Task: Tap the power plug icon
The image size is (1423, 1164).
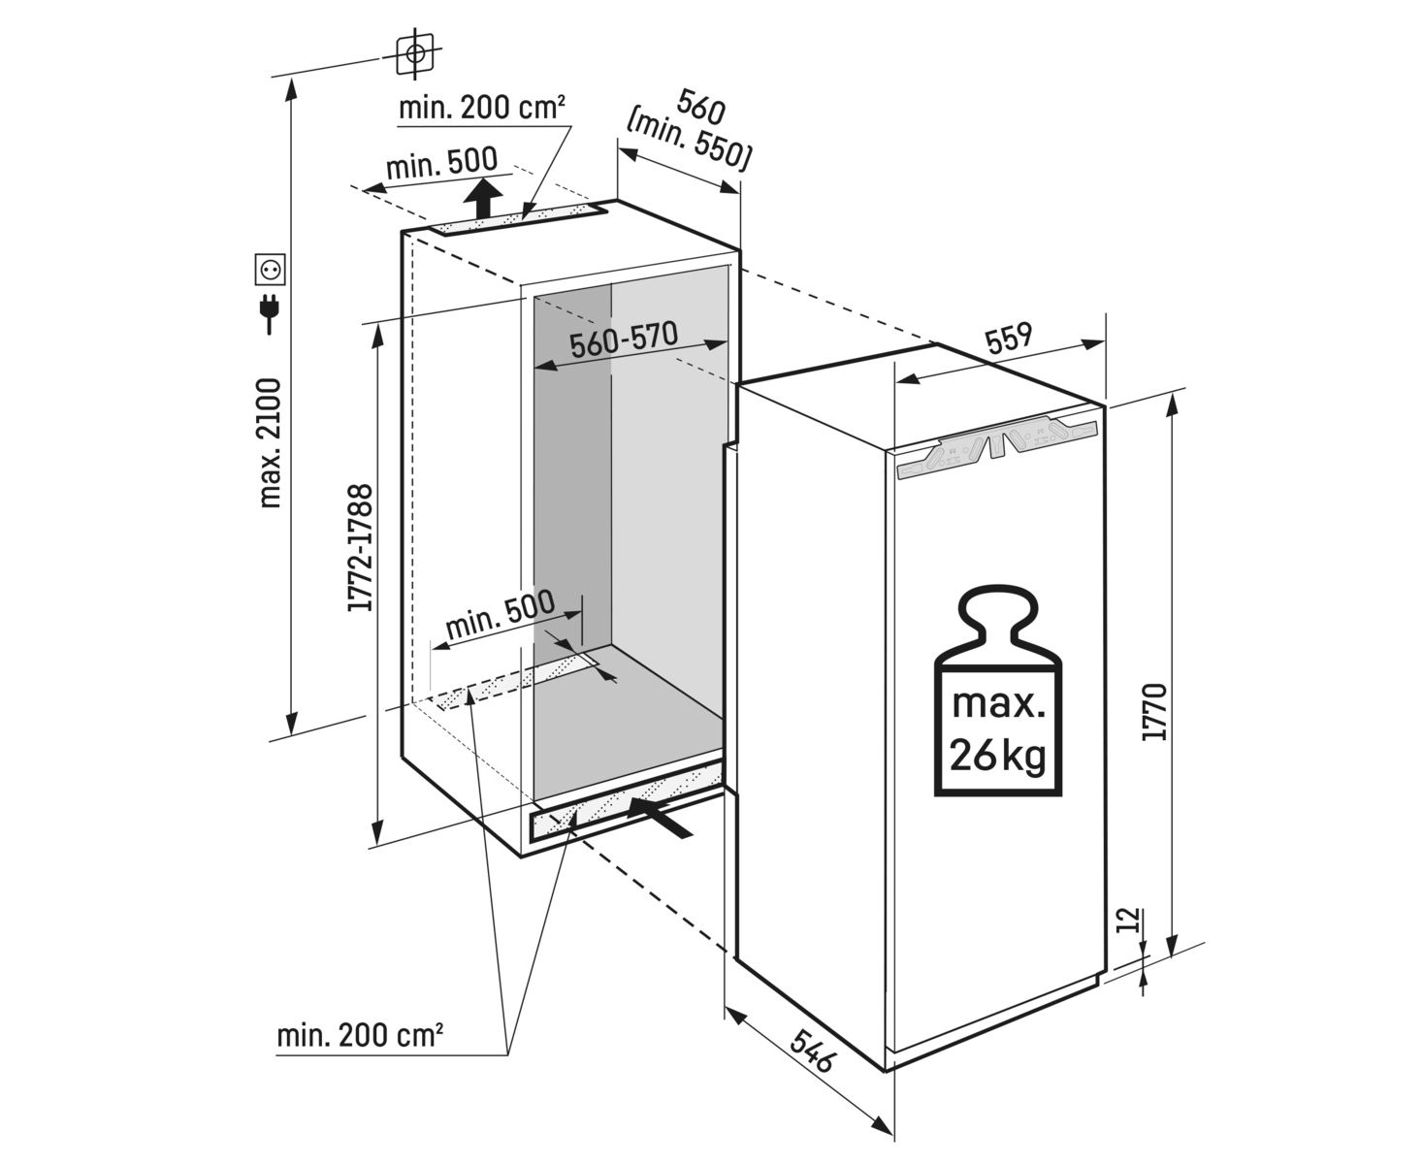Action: tap(270, 311)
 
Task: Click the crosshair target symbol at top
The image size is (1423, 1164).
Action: tap(416, 53)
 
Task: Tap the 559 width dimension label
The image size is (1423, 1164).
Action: tap(1009, 339)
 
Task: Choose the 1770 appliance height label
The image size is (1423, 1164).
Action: tap(1153, 713)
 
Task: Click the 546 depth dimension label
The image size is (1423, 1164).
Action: tap(811, 1049)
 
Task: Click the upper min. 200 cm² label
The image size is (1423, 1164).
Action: tap(482, 108)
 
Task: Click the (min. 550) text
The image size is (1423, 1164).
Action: tap(690, 142)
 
